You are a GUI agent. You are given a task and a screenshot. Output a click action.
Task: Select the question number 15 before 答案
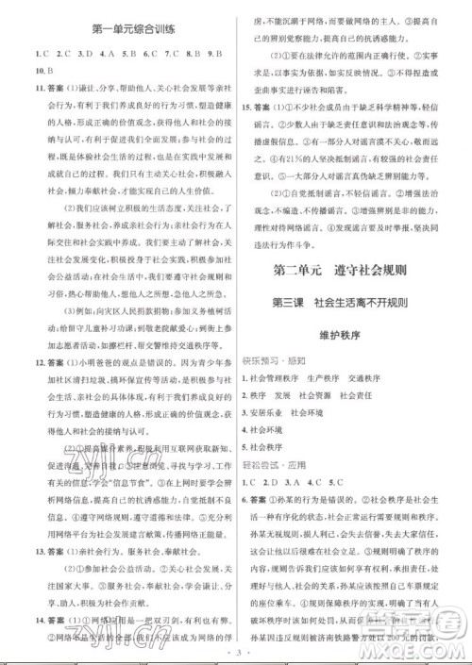248,108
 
